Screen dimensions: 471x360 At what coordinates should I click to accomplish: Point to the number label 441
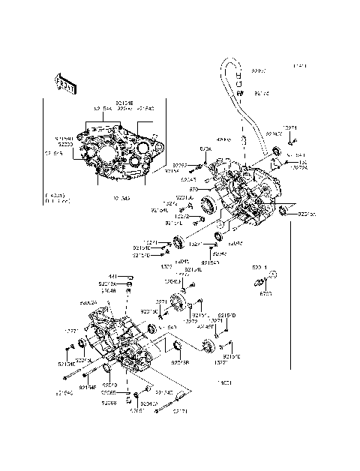[110, 277]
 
